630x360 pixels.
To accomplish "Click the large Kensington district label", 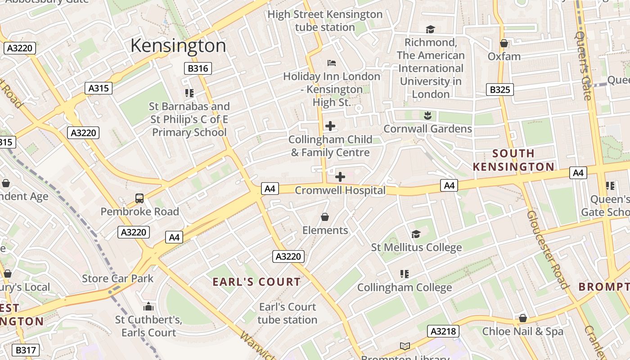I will click(178, 46).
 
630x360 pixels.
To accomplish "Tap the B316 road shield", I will click(198, 68).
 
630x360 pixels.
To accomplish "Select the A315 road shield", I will click(99, 88).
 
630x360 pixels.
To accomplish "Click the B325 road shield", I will click(499, 90).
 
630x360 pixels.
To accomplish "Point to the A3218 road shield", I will click(443, 332).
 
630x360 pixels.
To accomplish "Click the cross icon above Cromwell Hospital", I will click(340, 177).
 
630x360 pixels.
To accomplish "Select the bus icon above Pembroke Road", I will click(139, 198).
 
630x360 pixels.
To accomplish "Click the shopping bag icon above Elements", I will click(325, 217).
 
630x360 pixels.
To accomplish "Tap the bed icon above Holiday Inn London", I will click(332, 63).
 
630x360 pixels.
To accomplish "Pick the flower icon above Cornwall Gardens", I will click(427, 116).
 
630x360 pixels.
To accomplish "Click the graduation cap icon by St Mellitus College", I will click(416, 234).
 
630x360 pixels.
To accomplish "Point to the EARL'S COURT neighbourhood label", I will click(256, 282).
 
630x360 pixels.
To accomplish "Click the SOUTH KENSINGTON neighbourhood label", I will click(513, 160).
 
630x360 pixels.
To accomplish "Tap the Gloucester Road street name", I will click(547, 250).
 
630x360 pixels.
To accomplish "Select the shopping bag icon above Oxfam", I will click(504, 43).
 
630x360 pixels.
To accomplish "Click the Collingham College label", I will click(405, 288).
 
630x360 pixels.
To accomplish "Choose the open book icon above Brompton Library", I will click(405, 346).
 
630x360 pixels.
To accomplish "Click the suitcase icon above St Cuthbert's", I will click(148, 307).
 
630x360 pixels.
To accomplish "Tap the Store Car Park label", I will click(117, 279).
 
